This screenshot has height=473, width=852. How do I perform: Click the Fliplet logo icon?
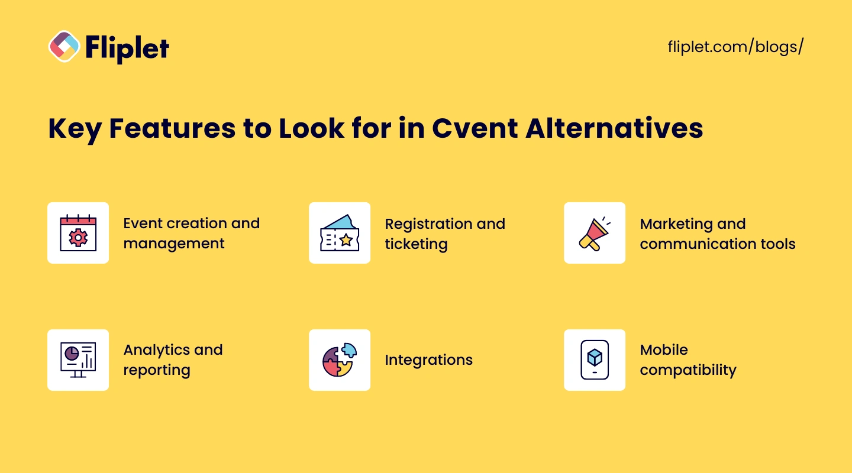(64, 46)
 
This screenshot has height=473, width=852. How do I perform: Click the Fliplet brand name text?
(127, 47)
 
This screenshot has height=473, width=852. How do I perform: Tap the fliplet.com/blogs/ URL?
(735, 47)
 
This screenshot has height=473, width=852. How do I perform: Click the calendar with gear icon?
(78, 233)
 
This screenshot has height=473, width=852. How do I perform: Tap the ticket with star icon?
(340, 233)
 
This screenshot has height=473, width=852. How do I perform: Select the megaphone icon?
(595, 233)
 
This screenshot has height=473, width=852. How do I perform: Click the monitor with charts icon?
(78, 359)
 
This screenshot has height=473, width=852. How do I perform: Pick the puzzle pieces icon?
(340, 359)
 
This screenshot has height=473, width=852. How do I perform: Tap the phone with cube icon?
(595, 359)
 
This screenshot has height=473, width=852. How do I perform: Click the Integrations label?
(428, 359)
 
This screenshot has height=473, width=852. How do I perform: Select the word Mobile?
(664, 349)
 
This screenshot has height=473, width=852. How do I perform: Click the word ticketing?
(416, 244)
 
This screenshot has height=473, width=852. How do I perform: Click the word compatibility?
(688, 370)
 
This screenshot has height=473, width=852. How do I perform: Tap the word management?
(174, 244)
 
